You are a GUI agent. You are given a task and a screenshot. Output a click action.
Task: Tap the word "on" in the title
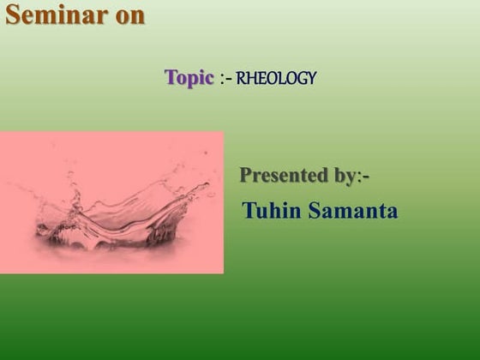(x=129, y=15)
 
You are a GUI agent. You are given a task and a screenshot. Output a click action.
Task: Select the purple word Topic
(x=189, y=78)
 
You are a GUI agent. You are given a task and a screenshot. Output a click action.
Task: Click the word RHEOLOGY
(x=276, y=79)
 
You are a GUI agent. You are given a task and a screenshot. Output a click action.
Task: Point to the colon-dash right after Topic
(x=225, y=79)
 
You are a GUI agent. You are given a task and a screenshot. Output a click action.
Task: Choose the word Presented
(x=283, y=176)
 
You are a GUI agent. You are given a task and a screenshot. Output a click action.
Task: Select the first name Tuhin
(x=270, y=210)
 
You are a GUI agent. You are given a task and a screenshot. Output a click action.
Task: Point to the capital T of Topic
(x=171, y=77)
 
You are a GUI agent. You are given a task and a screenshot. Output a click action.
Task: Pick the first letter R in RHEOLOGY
(x=241, y=79)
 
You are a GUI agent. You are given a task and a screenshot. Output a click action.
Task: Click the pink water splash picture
(x=111, y=202)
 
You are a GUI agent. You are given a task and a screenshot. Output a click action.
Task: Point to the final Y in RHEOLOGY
(x=312, y=79)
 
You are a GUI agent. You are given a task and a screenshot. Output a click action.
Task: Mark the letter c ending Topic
(x=209, y=79)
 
